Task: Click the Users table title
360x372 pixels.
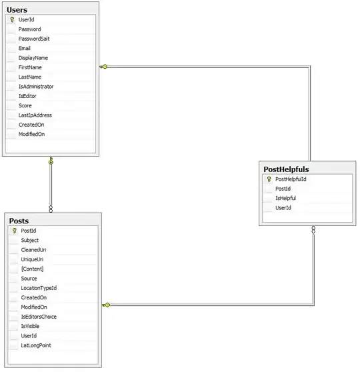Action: coord(17,10)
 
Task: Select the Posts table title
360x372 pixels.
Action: coord(19,221)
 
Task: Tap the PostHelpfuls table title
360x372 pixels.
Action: coord(286,169)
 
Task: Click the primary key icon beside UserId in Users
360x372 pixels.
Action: coord(13,20)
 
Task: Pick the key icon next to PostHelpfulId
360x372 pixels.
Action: coord(269,179)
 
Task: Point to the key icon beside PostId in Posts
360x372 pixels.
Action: coord(15,231)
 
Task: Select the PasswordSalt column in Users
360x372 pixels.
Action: coord(34,39)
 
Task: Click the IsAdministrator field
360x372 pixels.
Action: coord(36,87)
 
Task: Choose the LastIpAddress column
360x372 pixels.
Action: coord(35,115)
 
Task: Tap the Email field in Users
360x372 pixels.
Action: coord(25,49)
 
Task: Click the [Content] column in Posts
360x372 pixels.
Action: coord(32,269)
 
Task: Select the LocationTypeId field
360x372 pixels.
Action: coord(39,288)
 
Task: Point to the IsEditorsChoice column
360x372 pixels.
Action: coord(39,317)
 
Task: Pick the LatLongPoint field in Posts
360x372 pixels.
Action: coord(36,345)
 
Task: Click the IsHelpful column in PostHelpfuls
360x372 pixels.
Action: coord(285,199)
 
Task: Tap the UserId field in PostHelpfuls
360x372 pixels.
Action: coord(283,208)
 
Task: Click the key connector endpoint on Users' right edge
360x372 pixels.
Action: coord(103,67)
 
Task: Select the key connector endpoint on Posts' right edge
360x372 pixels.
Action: coord(106,305)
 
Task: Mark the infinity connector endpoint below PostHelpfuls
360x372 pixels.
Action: coord(313,229)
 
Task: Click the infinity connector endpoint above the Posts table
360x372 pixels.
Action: coord(51,209)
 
